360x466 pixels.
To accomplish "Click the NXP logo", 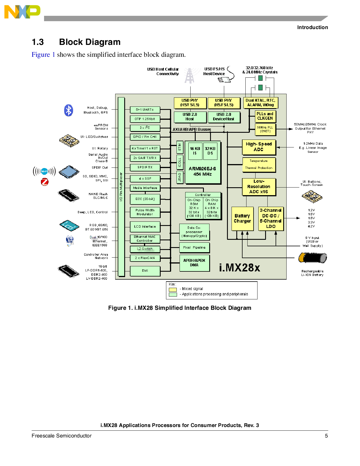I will pos(22,12).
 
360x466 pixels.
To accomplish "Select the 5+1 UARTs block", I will pos(145,110).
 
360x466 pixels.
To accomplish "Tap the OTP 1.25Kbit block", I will pos(145,119).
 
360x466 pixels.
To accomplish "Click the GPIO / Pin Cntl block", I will pos(145,137).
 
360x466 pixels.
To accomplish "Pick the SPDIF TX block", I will pos(145,167).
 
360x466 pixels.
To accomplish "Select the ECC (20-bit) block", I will pos(145,199).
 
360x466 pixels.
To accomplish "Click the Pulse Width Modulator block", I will pos(145,212).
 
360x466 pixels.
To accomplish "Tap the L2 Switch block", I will pos(145,249).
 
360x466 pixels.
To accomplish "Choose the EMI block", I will pos(145,271).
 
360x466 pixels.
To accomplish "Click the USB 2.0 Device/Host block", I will pos(224,117).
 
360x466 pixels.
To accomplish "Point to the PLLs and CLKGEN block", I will pos(265,116).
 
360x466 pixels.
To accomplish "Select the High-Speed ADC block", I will pos(259,147).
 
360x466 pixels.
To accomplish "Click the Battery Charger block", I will pos(242,219).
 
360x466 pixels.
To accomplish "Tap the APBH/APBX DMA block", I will pos(194,263).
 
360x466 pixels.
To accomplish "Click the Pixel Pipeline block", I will pos(194,247).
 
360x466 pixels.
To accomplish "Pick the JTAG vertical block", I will pos(180,177).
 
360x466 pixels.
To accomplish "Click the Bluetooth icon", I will pos(69,110).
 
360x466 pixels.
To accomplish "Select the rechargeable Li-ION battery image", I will pos(313,258).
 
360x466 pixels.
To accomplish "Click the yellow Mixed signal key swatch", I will pos(173,289).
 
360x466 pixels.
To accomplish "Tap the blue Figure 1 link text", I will pos(43,55).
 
